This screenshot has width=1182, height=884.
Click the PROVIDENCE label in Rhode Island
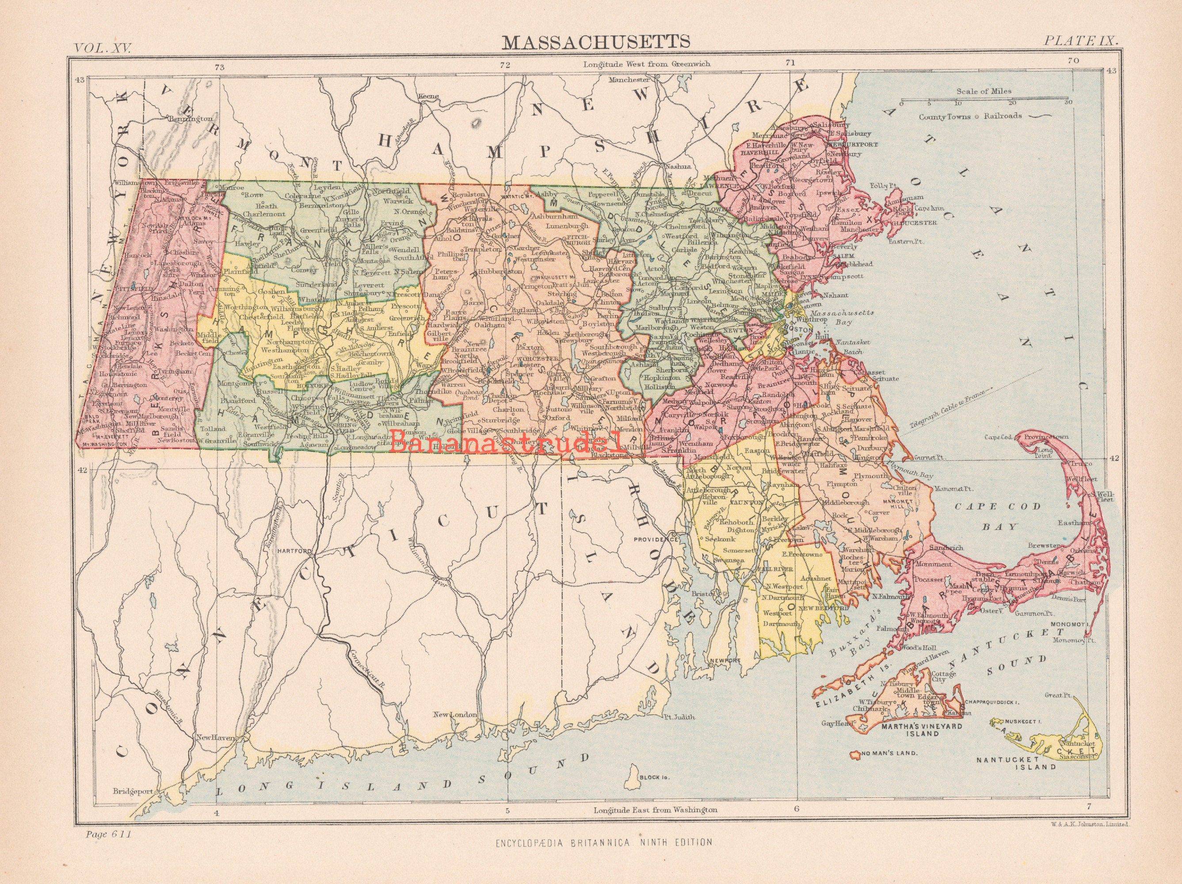(x=656, y=540)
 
